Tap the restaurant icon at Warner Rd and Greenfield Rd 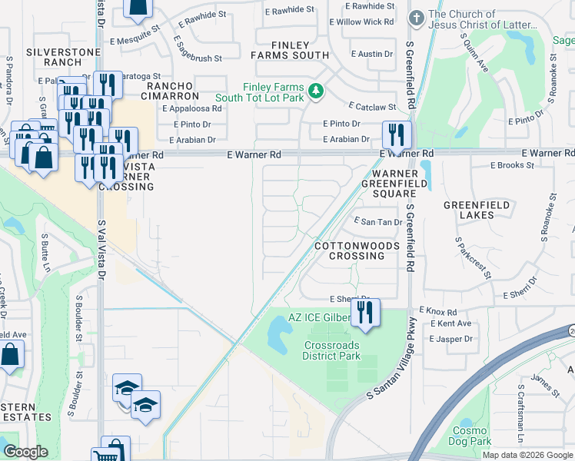tap(397, 134)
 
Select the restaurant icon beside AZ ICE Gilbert tap(364, 313)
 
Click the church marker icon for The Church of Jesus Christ tap(416, 17)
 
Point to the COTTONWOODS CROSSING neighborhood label tap(357, 250)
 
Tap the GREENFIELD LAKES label tap(469, 210)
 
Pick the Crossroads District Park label tap(332, 351)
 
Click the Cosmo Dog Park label tap(470, 436)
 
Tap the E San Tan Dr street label tap(377, 222)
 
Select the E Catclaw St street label tap(371, 107)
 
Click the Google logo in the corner tap(25, 452)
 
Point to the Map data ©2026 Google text tap(527, 455)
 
